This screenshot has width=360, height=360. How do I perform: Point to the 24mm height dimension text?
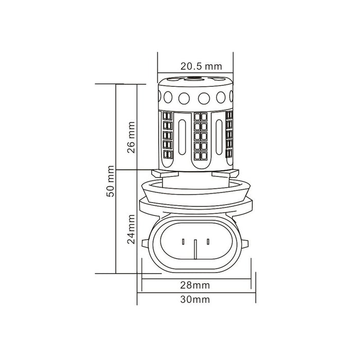pyautogui.click(x=132, y=230)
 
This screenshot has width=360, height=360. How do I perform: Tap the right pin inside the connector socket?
pyautogui.click(x=208, y=241)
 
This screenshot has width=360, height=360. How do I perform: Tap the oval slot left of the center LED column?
pyautogui.click(x=184, y=139)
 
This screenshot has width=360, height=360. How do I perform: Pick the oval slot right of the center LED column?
pyautogui.click(x=217, y=139)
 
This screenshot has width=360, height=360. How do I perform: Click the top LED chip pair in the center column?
pyautogui.click(x=201, y=116)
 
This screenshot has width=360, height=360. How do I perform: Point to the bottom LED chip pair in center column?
pyautogui.click(x=201, y=154)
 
